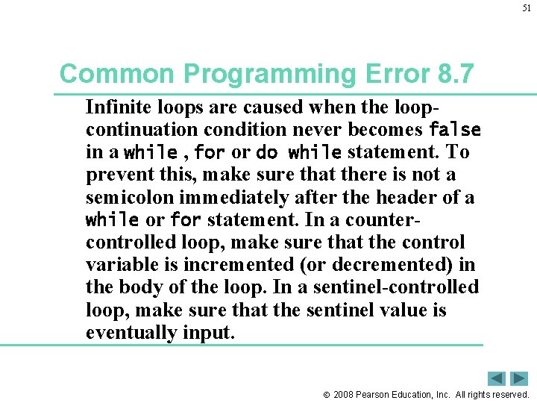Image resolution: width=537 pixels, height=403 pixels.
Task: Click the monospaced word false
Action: tap(455, 129)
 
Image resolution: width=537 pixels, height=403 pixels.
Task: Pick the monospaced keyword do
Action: tap(266, 152)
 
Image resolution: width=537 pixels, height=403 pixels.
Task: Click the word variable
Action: tap(120, 265)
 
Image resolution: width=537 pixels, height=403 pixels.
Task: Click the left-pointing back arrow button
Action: tap(496, 378)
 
